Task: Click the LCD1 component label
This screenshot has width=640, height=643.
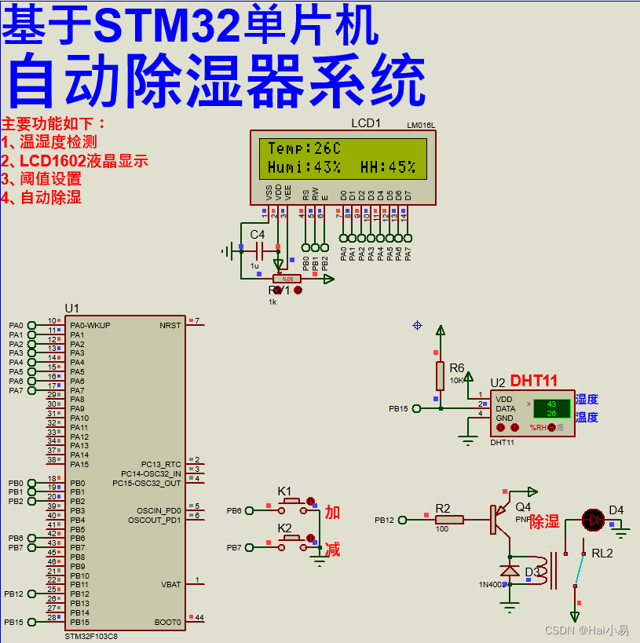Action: (365, 123)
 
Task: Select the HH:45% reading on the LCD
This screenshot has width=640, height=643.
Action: (388, 167)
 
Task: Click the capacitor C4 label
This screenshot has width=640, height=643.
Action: (258, 234)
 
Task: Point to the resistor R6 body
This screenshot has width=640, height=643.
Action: (441, 375)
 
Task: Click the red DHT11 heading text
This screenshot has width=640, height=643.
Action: (534, 381)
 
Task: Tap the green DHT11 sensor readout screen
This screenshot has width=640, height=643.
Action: (551, 408)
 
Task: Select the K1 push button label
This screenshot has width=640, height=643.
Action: (284, 491)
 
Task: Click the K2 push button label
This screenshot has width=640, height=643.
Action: (284, 528)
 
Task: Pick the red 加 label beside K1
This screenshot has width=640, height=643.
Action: (333, 512)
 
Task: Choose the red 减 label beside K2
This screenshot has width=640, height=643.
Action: (333, 549)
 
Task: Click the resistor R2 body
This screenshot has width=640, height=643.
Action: (450, 520)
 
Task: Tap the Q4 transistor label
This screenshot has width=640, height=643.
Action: (523, 507)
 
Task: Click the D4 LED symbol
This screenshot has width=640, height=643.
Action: (593, 520)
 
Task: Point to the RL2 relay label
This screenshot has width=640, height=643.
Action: (602, 553)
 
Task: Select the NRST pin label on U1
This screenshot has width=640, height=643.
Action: (170, 325)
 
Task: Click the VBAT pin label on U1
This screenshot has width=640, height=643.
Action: (170, 585)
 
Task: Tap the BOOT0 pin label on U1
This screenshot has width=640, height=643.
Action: (168, 622)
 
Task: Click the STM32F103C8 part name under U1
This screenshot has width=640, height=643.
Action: (91, 636)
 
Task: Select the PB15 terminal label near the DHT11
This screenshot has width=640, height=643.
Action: (398, 408)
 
